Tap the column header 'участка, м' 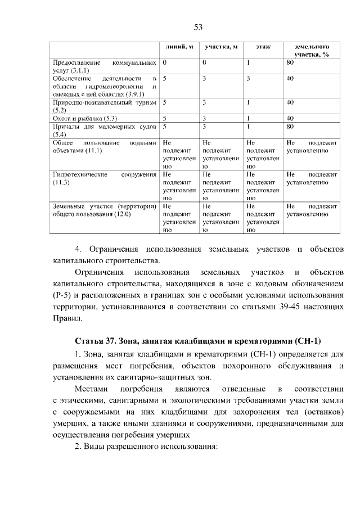[221, 46]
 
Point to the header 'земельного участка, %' [311, 50]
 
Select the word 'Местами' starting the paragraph [90, 389]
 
